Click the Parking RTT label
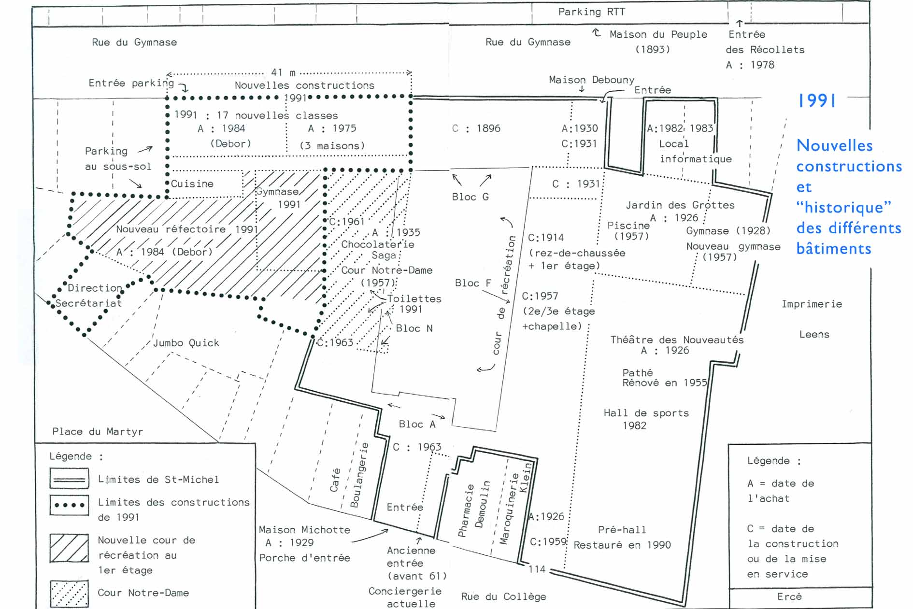point(591,12)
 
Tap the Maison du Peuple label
point(658,35)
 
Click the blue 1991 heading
point(817,100)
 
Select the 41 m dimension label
point(283,72)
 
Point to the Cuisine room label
point(192,184)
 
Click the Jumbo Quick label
point(186,343)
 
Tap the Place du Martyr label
point(98,432)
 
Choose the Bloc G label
point(470,197)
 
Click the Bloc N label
point(414,328)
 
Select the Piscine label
point(628,226)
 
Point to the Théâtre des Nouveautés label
point(677,340)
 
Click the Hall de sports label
point(646,413)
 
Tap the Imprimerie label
point(812,304)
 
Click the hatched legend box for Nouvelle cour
point(69,548)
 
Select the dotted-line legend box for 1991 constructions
point(69,505)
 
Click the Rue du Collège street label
point(503,596)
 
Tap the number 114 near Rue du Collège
point(537,569)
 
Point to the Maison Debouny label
point(591,80)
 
